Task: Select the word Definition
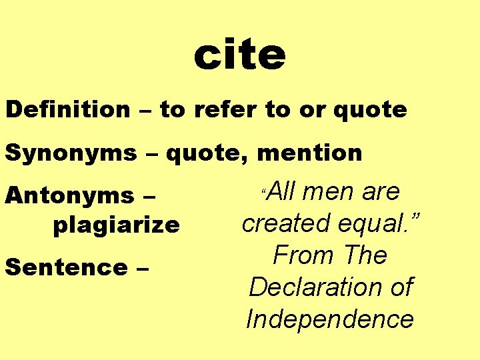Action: click(x=68, y=109)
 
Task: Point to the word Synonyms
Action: click(x=71, y=153)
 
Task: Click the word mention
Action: click(x=309, y=153)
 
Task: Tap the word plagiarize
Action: click(x=116, y=225)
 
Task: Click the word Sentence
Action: click(x=65, y=267)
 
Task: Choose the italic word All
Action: click(x=287, y=192)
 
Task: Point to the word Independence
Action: click(x=330, y=319)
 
